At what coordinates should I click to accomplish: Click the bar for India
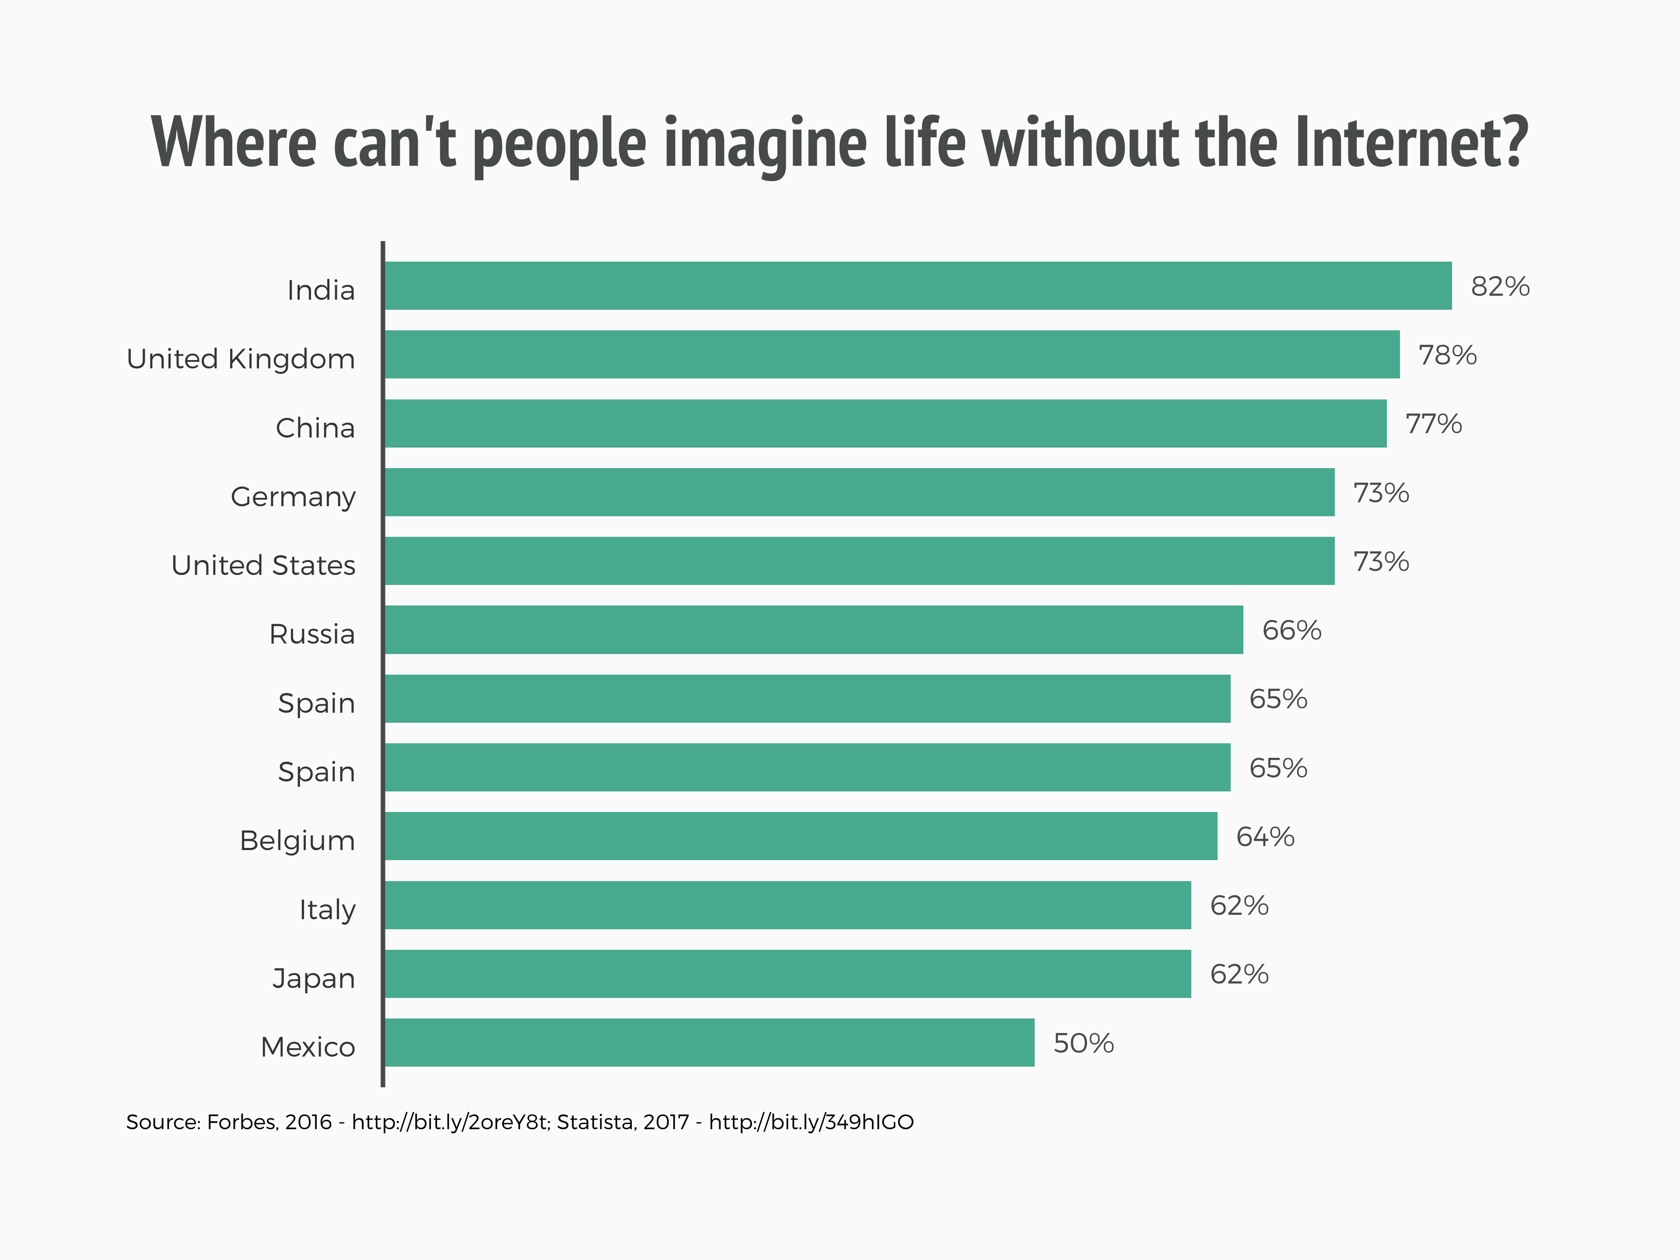(917, 286)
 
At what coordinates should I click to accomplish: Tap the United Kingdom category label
(241, 358)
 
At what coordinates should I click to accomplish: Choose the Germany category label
(293, 497)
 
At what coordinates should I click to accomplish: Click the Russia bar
(813, 630)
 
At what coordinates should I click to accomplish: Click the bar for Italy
(787, 905)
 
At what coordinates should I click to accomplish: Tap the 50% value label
(1083, 1043)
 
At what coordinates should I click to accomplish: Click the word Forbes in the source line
(241, 1122)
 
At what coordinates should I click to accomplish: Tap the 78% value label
(1447, 355)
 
